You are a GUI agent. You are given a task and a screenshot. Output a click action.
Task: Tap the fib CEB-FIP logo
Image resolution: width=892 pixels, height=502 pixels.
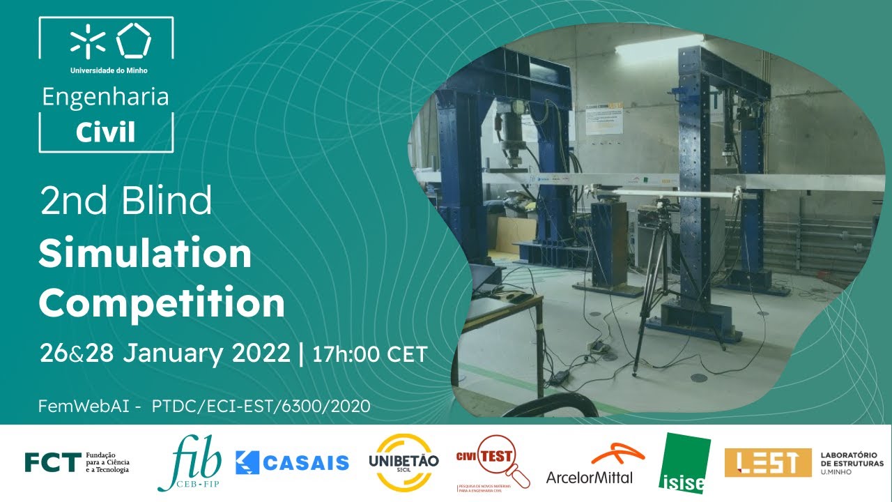tap(190, 462)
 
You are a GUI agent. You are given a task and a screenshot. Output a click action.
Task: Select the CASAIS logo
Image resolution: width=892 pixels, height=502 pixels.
tap(292, 462)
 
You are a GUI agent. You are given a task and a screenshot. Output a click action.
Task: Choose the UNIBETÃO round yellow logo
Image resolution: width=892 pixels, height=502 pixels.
tap(403, 462)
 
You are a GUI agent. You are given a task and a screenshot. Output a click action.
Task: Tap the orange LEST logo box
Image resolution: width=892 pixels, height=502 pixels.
tap(767, 462)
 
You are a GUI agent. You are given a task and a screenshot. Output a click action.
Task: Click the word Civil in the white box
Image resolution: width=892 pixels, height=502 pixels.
tap(105, 132)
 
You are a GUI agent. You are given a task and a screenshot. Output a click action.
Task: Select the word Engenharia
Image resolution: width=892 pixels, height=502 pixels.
tap(105, 97)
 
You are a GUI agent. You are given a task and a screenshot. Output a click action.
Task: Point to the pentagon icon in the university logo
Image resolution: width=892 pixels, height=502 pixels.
tap(133, 40)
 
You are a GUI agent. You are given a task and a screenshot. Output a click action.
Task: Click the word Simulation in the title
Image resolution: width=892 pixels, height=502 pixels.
tap(145, 254)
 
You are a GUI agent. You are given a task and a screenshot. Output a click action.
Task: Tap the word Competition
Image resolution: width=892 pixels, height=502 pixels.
tap(162, 303)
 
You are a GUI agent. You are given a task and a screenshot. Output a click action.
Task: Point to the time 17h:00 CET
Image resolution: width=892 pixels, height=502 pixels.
tap(369, 354)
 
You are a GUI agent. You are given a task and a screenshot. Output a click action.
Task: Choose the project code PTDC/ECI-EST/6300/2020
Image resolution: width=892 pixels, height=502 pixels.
tap(261, 406)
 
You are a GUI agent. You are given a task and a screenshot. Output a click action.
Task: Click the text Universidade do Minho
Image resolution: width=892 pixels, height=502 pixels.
tap(109, 70)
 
